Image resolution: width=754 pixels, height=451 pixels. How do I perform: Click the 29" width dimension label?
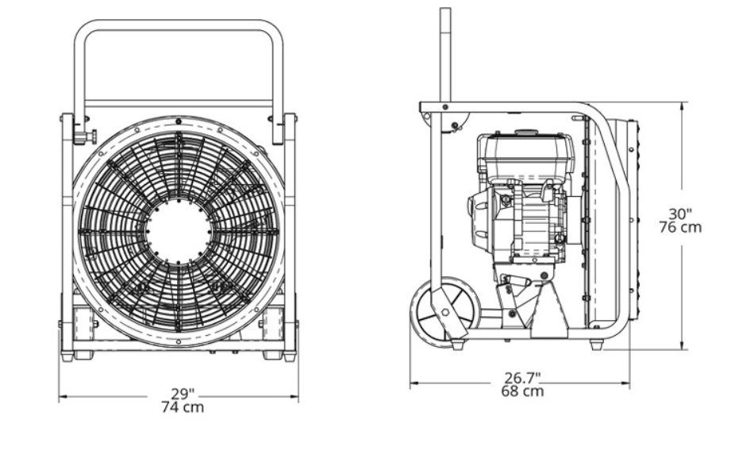pos(183,394)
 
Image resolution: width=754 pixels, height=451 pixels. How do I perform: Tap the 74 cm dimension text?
pos(183,407)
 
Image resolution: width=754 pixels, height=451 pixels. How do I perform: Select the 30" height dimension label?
pos(680,214)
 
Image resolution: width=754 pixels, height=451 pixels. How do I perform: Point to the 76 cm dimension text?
pos(680,227)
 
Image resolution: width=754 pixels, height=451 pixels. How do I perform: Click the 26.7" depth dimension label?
pos(522,377)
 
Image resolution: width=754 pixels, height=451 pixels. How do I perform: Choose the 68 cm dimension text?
pos(522,391)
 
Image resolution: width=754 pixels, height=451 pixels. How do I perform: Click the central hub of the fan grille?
pos(179,230)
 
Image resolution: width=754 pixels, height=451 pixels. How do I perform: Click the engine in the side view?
pos(521,198)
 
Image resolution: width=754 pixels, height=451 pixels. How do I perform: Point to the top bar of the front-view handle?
pos(179,25)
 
